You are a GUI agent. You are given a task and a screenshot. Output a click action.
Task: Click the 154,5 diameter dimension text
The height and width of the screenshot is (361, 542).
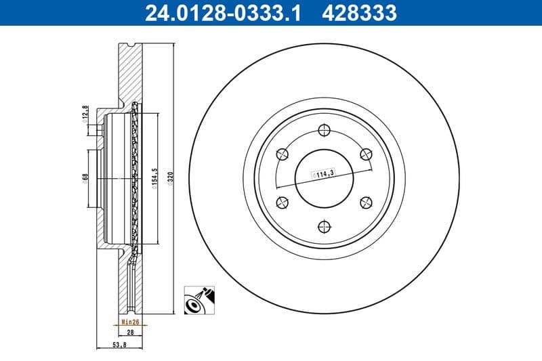(x=155, y=179)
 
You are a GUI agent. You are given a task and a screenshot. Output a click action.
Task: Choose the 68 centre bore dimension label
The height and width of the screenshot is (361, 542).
(x=85, y=177)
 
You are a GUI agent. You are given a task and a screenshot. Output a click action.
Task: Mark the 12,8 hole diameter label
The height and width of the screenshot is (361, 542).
(x=85, y=111)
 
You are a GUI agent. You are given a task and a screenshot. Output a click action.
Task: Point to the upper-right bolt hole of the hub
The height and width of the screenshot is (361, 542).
(x=366, y=154)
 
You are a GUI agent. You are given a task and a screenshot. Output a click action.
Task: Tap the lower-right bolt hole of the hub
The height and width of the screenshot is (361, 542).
(x=366, y=201)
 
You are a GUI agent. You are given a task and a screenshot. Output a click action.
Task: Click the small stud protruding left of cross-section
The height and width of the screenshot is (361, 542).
(x=100, y=129)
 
